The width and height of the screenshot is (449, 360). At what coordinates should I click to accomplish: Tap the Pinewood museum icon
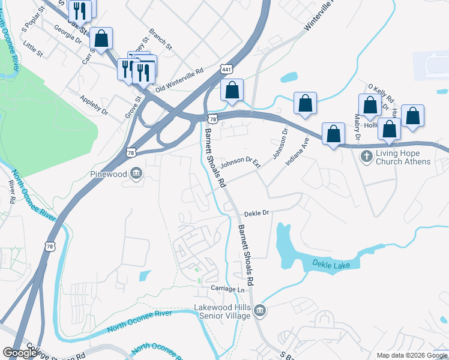tap(136, 173)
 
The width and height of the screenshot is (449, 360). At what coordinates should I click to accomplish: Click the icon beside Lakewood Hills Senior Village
tap(260, 311)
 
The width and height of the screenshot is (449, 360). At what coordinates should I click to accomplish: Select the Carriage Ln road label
tap(228, 289)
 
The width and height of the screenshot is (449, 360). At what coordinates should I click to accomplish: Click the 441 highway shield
tap(226, 70)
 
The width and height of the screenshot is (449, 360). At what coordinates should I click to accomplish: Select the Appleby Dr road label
tap(94, 103)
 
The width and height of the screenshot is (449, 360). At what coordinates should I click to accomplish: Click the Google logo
tap(20, 353)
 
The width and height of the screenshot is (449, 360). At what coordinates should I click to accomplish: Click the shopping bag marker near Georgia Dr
tap(101, 38)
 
